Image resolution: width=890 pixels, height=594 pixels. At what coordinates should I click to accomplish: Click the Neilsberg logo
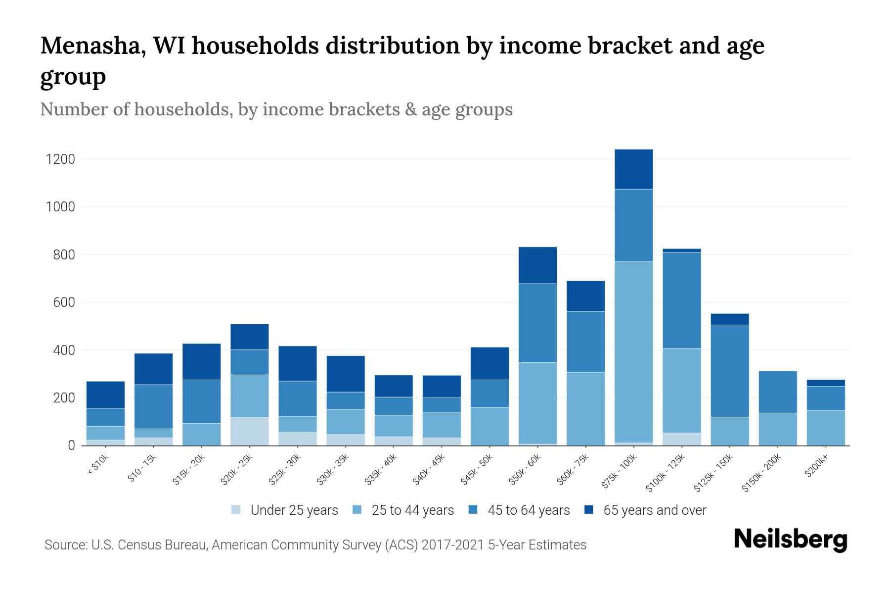tap(790, 540)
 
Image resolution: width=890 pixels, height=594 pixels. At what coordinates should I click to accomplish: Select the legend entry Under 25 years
tap(294, 510)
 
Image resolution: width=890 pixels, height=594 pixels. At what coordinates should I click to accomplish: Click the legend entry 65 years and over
tap(654, 510)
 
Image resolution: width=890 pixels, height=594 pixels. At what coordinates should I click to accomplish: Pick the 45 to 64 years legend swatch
tap(473, 510)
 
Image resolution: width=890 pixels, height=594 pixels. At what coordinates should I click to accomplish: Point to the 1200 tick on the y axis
tap(60, 159)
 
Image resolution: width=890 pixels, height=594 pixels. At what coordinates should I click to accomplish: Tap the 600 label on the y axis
tap(64, 302)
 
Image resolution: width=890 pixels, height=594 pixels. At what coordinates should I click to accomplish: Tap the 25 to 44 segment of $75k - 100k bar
tap(633, 351)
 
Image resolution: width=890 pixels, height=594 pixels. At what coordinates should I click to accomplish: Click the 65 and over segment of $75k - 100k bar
tap(633, 169)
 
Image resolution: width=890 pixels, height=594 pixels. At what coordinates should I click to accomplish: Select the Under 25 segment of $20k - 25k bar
tap(249, 431)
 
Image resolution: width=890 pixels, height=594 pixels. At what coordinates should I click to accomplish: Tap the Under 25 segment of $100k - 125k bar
tap(681, 439)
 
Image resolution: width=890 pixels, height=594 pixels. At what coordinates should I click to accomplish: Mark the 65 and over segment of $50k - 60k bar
tap(537, 265)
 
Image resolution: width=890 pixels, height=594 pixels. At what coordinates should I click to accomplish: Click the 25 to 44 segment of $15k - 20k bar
tap(201, 434)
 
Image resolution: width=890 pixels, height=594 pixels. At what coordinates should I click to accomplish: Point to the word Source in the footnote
tap(64, 545)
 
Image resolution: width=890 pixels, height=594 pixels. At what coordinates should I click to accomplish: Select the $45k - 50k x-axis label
tap(477, 469)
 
